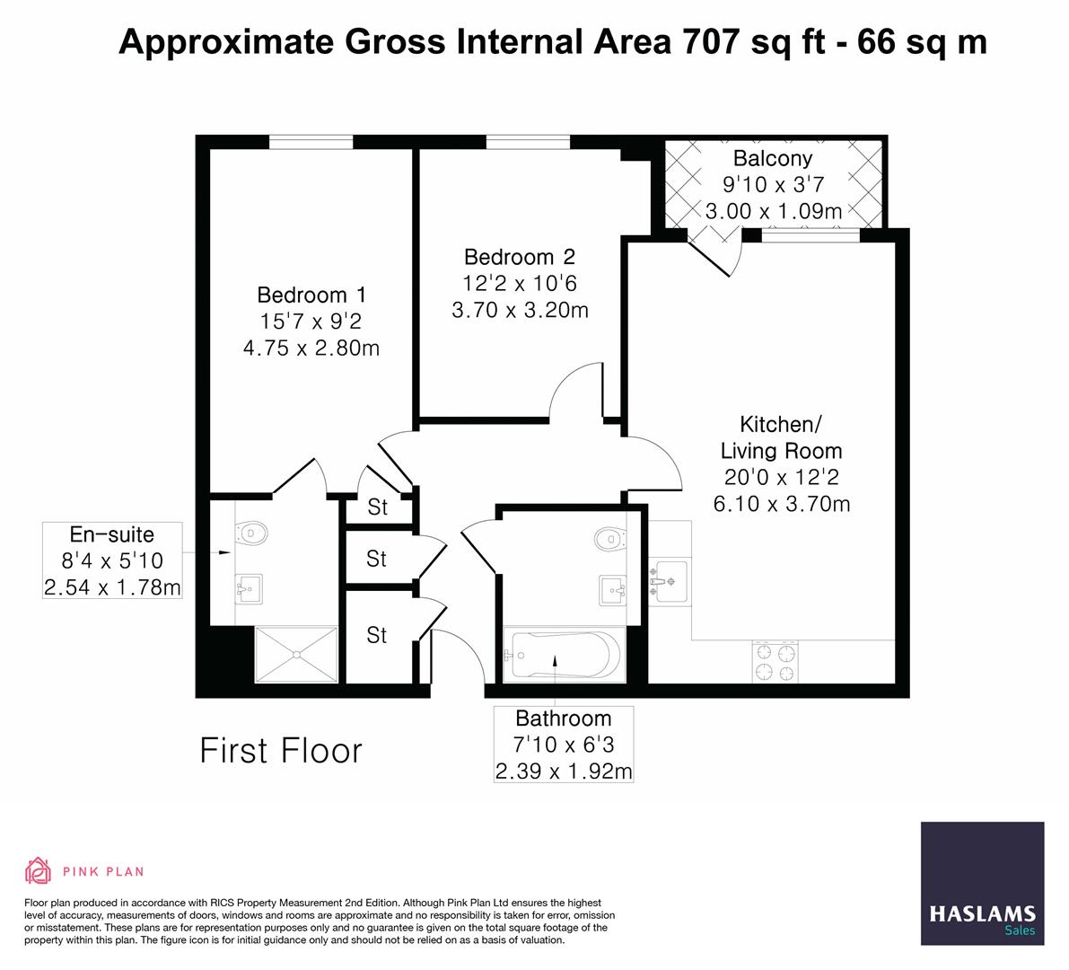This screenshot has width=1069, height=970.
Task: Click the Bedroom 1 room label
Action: tap(311, 295)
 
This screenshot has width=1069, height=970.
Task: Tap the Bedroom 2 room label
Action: tap(520, 257)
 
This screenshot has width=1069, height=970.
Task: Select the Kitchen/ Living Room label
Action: tap(781, 438)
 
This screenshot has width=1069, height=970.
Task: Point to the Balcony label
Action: tap(773, 158)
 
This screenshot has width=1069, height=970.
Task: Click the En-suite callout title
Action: tap(112, 534)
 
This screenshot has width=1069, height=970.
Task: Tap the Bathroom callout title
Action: tap(563, 719)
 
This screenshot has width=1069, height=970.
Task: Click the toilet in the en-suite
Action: tap(251, 533)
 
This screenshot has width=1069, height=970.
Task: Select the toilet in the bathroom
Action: tap(610, 539)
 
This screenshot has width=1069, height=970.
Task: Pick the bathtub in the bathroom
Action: tap(564, 656)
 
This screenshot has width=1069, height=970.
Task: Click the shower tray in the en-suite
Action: tap(296, 655)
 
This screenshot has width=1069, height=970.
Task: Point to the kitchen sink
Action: tap(669, 582)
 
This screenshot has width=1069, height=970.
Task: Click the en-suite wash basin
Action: tap(249, 589)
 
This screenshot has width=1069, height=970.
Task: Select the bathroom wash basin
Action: tap(613, 590)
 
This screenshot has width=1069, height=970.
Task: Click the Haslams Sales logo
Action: tap(983, 884)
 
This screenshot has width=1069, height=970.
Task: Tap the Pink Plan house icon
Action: tap(39, 870)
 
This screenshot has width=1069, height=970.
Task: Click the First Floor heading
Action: tap(281, 750)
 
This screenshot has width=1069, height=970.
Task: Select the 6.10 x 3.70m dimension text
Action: tap(781, 504)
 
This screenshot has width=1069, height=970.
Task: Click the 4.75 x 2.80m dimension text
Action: tap(311, 348)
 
